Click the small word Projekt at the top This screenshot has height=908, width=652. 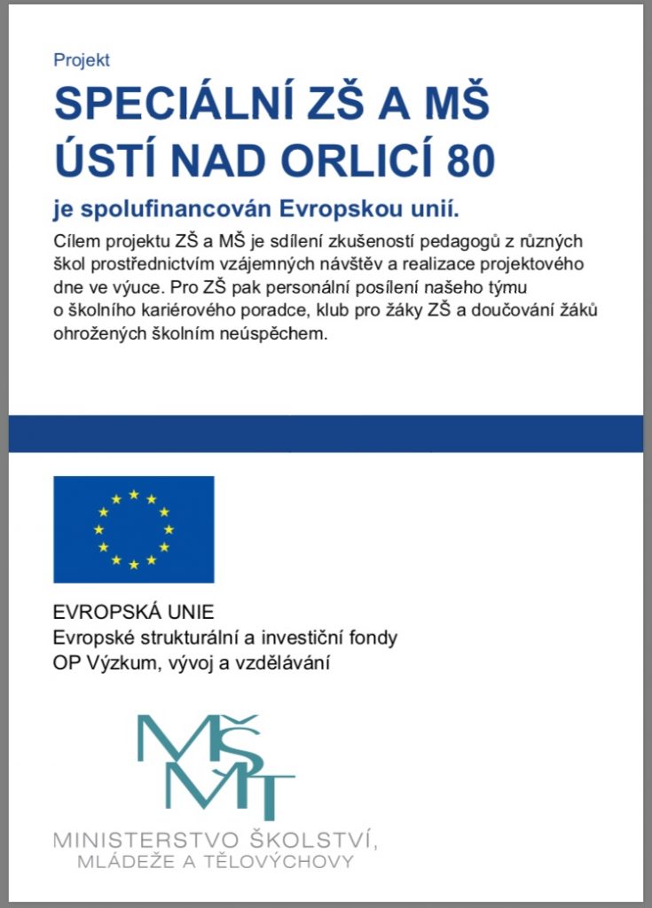82,60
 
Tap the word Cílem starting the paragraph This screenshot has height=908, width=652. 78,241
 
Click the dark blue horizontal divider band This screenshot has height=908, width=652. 326,433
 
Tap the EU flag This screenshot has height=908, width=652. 133,528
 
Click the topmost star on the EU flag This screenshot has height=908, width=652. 133,495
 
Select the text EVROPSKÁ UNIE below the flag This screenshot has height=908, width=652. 121,613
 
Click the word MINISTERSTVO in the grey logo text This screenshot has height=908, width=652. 146,839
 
